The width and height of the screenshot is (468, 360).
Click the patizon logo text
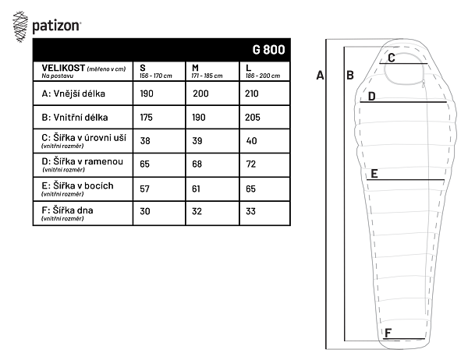(56, 26)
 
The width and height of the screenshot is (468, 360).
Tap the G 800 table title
(268, 50)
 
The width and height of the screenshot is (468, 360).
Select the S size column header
(143, 68)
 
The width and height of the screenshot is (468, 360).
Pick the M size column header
(195, 68)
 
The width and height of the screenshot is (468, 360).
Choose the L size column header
(248, 68)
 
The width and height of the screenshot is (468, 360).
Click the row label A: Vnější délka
(73, 94)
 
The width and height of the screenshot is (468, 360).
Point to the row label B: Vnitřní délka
(75, 117)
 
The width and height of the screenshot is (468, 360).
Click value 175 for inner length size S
(147, 117)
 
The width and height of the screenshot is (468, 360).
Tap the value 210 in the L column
(252, 94)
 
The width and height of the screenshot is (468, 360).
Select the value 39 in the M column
(197, 141)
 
